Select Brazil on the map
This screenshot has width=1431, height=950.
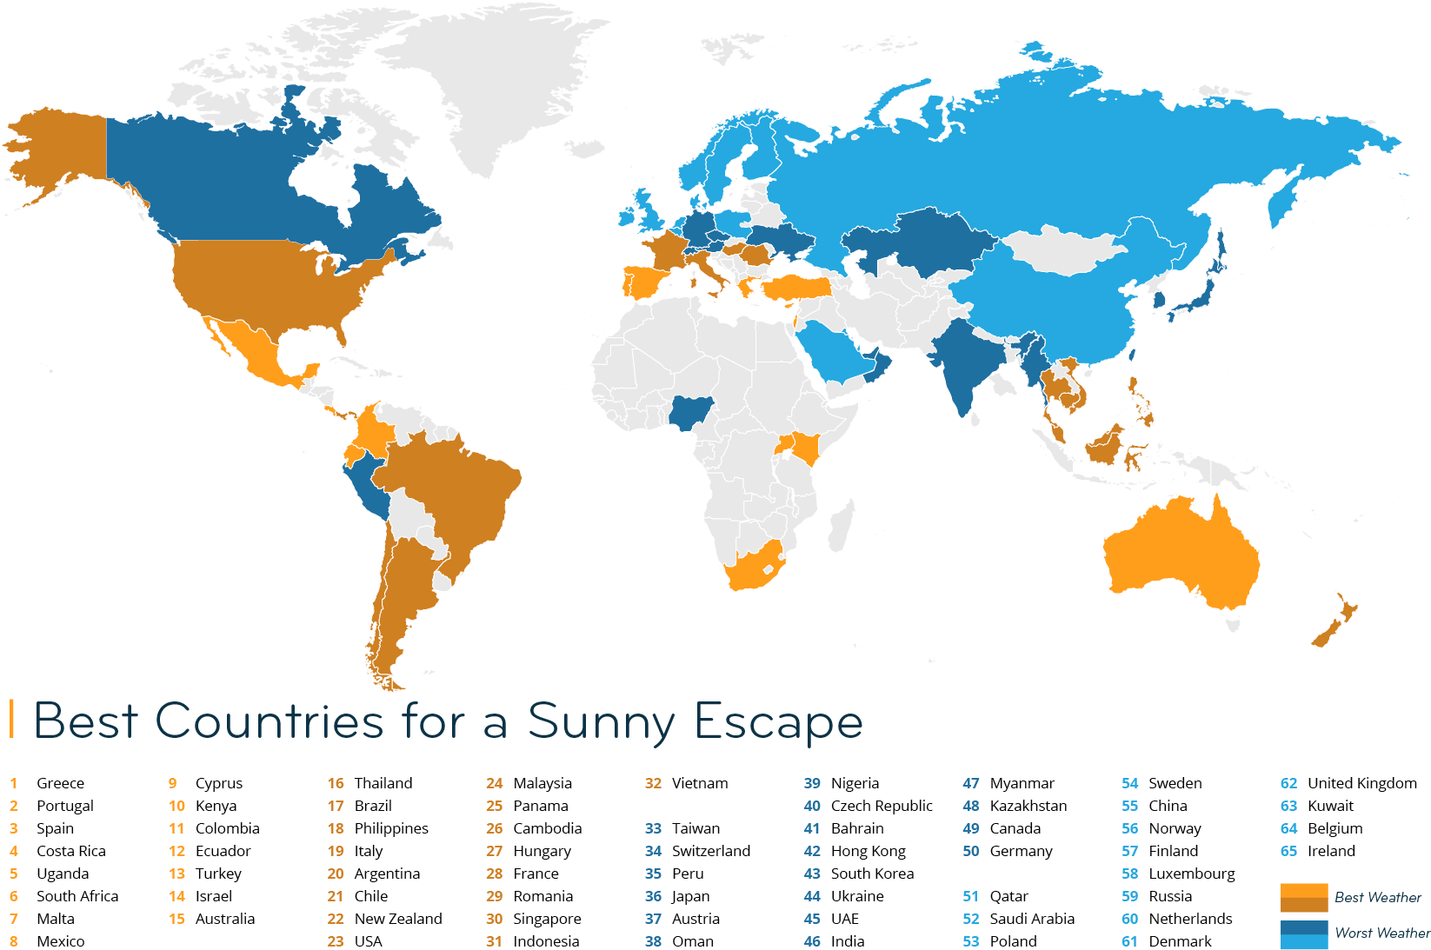pyautogui.click(x=452, y=487)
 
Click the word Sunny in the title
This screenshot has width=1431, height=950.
pyautogui.click(x=601, y=721)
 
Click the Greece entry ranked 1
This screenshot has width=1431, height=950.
pyautogui.click(x=60, y=783)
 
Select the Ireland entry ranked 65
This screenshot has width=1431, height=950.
pyautogui.click(x=1331, y=851)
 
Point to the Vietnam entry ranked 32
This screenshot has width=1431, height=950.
pyautogui.click(x=699, y=783)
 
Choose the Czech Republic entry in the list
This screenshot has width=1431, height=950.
pyautogui.click(x=881, y=806)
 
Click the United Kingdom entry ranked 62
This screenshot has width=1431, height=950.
pyautogui.click(x=1361, y=783)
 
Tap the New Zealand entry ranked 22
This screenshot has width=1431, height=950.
pyautogui.click(x=398, y=919)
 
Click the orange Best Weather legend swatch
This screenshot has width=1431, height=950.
pyautogui.click(x=1303, y=897)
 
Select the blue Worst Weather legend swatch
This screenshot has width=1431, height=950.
pyautogui.click(x=1303, y=933)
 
